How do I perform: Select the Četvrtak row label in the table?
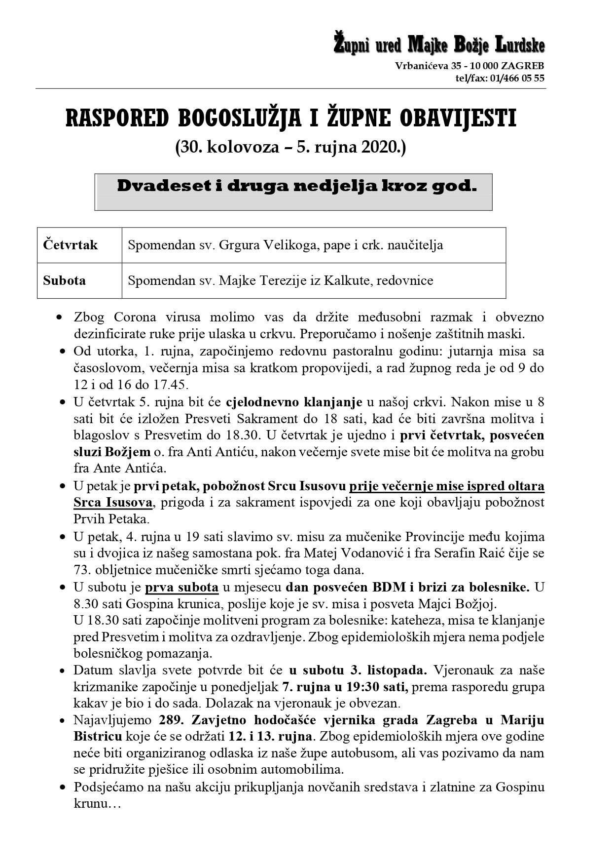tap(71, 245)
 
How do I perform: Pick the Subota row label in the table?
tap(65, 280)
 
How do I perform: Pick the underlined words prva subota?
tap(181, 588)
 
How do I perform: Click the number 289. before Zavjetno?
tap(172, 720)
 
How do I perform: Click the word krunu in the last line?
tap(90, 803)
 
